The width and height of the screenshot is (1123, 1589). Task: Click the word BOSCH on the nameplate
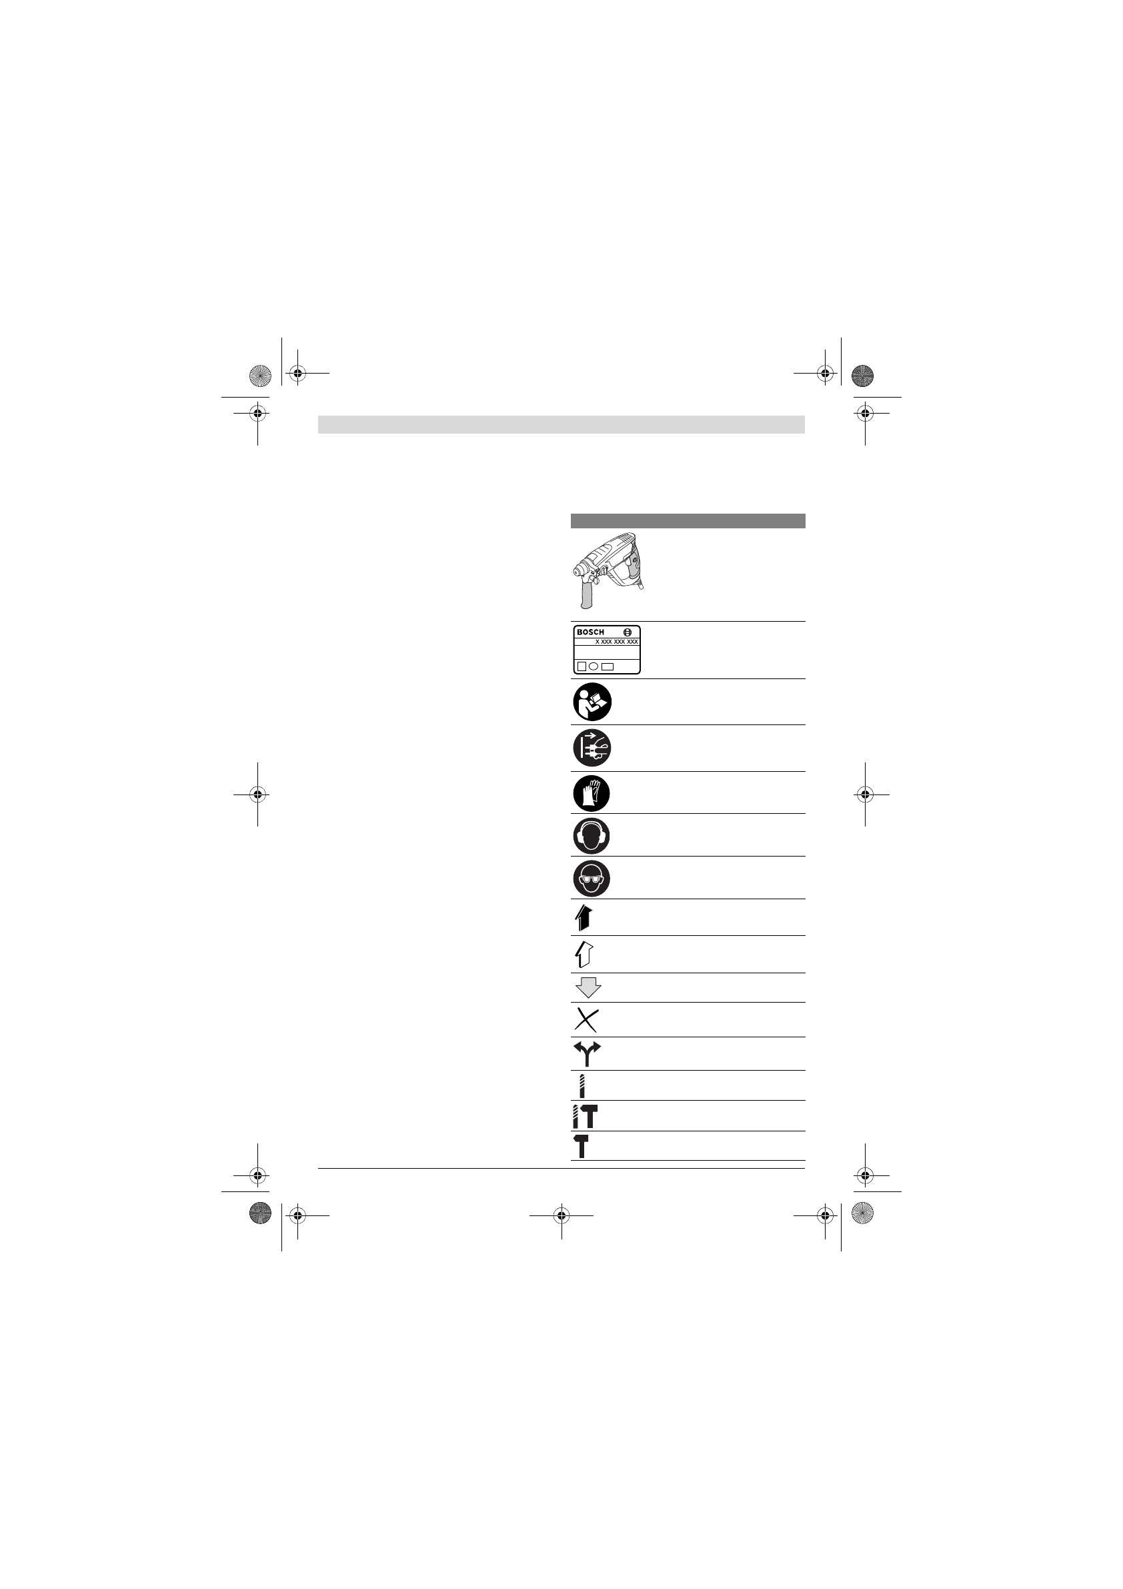pyautogui.click(x=590, y=632)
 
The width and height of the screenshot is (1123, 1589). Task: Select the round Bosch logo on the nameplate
pyautogui.click(x=628, y=632)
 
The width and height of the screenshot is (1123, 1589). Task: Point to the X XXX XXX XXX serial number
pyautogui.click(x=616, y=642)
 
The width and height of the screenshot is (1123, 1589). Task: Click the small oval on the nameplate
pyautogui.click(x=594, y=666)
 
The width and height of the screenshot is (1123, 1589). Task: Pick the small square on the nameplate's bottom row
pyautogui.click(x=582, y=666)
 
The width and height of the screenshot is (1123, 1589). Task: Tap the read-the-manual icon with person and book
pyautogui.click(x=592, y=702)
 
